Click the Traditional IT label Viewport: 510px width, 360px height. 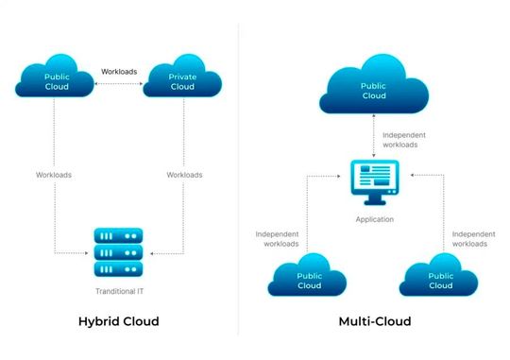tap(119, 291)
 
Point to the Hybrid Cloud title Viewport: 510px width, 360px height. tap(118, 321)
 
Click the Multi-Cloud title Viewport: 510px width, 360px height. tap(374, 321)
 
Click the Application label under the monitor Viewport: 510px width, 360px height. tap(375, 219)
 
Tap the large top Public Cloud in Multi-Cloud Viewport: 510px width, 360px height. tap(374, 89)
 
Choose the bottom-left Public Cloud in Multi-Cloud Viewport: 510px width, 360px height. tap(309, 279)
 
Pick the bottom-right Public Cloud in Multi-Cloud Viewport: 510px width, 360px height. tap(439, 279)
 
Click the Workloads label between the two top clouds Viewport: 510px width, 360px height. tap(119, 71)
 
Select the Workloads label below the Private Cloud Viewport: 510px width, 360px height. tap(185, 175)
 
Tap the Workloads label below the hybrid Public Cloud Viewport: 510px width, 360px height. tap(54, 175)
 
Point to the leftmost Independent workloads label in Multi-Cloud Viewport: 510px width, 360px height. tap(279, 238)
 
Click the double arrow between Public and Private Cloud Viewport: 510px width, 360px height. tap(119, 85)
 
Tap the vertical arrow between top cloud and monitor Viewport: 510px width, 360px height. tap(375, 138)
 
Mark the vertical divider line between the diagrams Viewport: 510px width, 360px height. tap(238, 180)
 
